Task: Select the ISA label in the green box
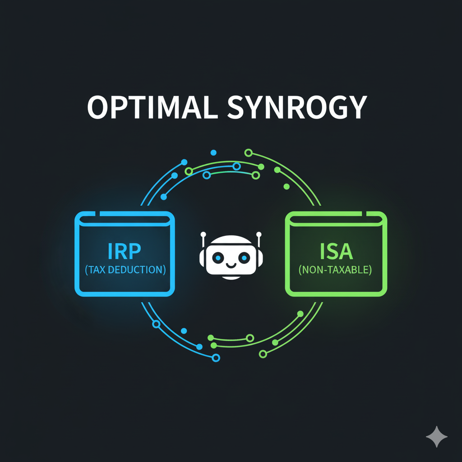[336, 251]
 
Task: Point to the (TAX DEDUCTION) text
[125, 270]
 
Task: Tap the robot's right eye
[244, 257]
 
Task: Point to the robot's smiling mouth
[231, 265]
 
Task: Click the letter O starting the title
[98, 107]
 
